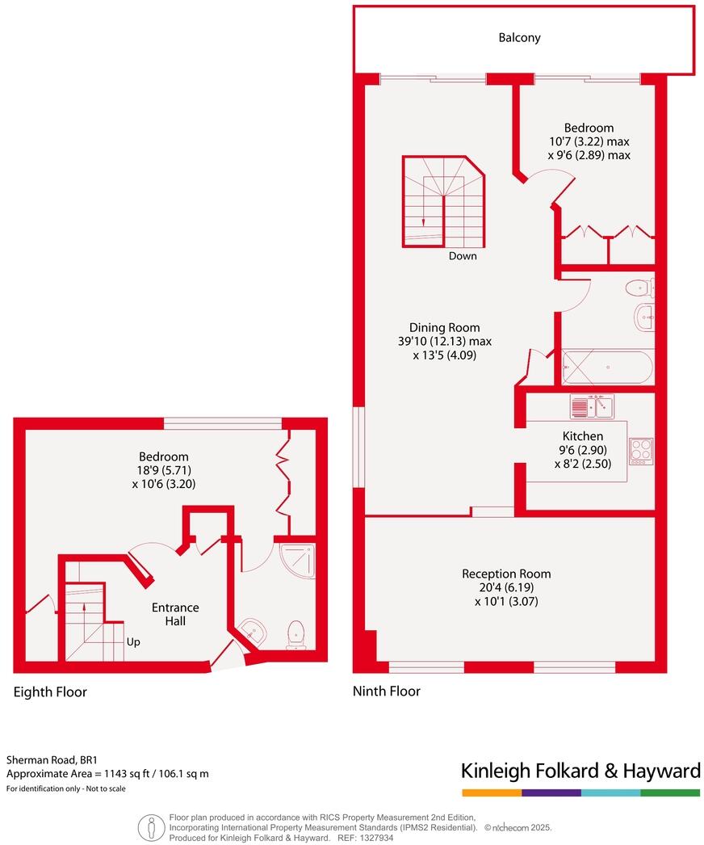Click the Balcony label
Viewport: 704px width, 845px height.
click(x=519, y=37)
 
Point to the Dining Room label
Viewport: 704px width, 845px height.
click(x=444, y=327)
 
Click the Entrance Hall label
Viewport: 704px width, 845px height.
click(x=175, y=614)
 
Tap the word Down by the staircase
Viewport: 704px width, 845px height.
click(x=463, y=256)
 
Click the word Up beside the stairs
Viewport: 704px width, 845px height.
click(x=134, y=643)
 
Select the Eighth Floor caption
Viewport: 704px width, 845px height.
click(x=50, y=692)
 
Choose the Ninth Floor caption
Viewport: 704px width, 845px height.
click(x=386, y=691)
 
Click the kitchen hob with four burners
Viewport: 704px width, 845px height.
click(x=640, y=449)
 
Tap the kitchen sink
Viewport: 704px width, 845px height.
click(x=592, y=406)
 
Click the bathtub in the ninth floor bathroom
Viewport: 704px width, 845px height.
click(x=608, y=368)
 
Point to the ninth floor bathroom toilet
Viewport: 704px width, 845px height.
click(x=640, y=287)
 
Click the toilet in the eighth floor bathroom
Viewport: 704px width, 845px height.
click(x=295, y=633)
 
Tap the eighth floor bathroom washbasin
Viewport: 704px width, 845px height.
click(x=254, y=630)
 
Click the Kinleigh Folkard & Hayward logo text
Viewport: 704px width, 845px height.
click(x=580, y=771)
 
